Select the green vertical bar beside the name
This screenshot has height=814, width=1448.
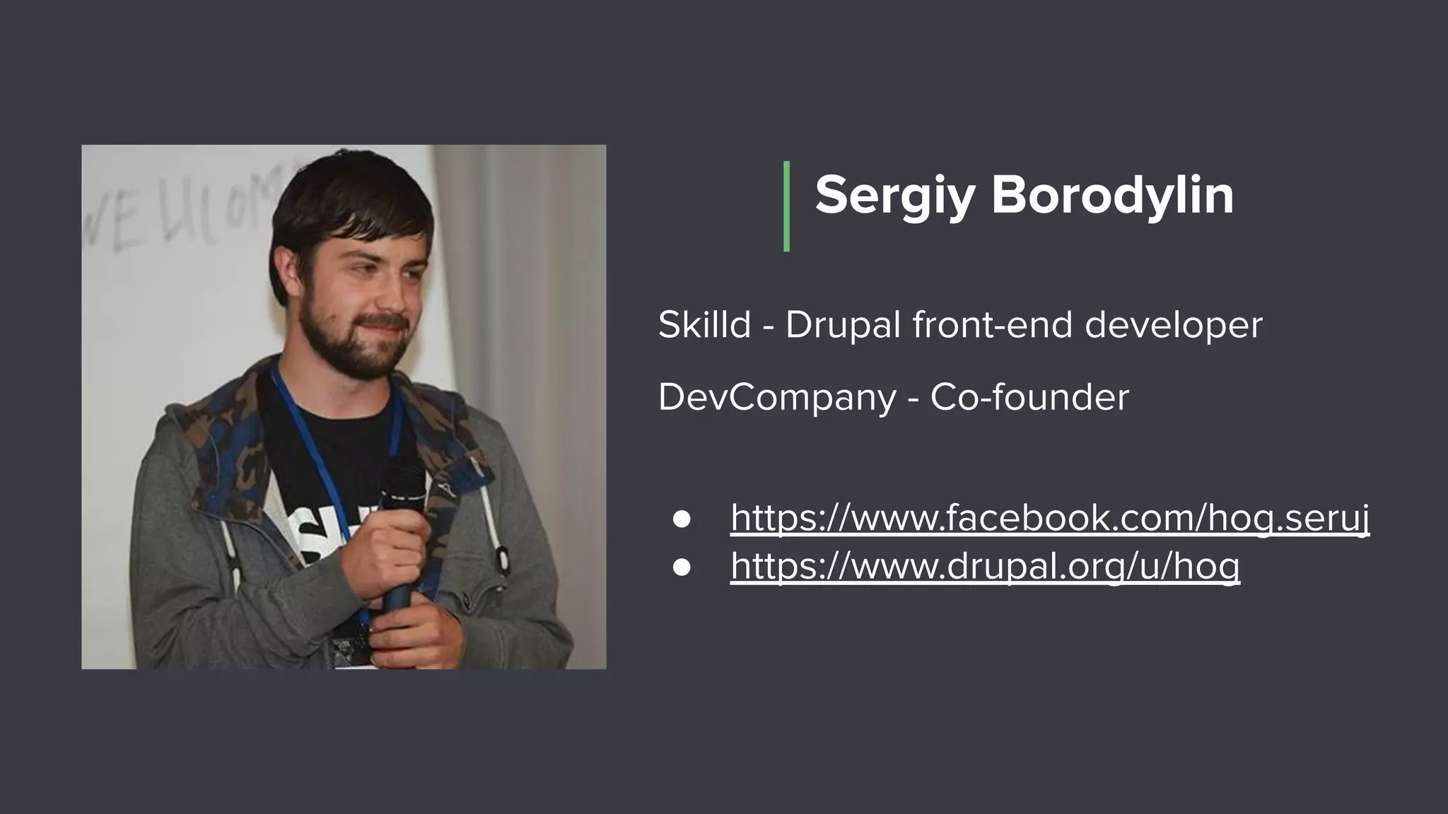click(786, 206)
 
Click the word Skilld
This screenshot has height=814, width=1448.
click(703, 325)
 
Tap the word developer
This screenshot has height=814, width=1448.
click(1173, 326)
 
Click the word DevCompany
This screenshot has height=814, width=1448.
click(776, 397)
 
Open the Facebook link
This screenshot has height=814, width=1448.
click(1049, 519)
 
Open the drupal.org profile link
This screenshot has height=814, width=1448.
click(984, 566)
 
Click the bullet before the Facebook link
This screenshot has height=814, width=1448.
click(682, 519)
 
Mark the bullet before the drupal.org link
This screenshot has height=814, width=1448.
click(682, 567)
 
